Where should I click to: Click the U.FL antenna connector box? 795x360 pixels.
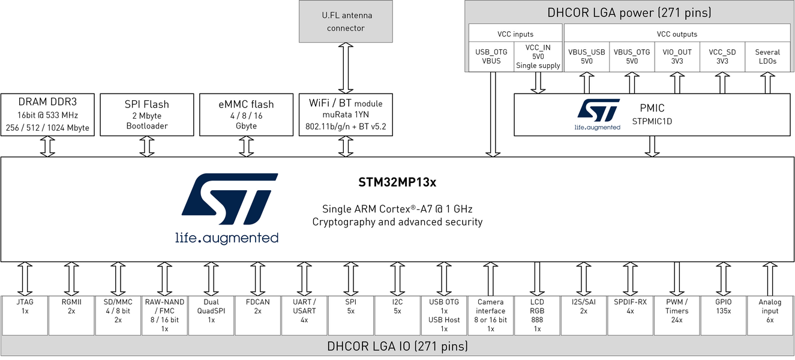pos(346,22)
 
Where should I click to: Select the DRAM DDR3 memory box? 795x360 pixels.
pos(47,114)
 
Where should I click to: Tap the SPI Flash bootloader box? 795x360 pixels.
pos(146,114)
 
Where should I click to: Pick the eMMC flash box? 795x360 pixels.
pos(246,114)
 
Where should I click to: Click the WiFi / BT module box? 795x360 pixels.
pos(346,114)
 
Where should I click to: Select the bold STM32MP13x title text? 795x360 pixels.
pos(397,181)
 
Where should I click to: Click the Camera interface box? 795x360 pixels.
pos(491,315)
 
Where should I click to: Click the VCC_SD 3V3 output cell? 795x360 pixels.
pos(722,56)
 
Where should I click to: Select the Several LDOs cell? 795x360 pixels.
pos(767,56)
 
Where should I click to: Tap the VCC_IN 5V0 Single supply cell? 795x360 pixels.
pos(538,56)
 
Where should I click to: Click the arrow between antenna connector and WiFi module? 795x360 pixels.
pos(346,68)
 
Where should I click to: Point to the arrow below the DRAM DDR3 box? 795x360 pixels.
pos(47,146)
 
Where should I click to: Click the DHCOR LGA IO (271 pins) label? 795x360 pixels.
pos(397,346)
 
